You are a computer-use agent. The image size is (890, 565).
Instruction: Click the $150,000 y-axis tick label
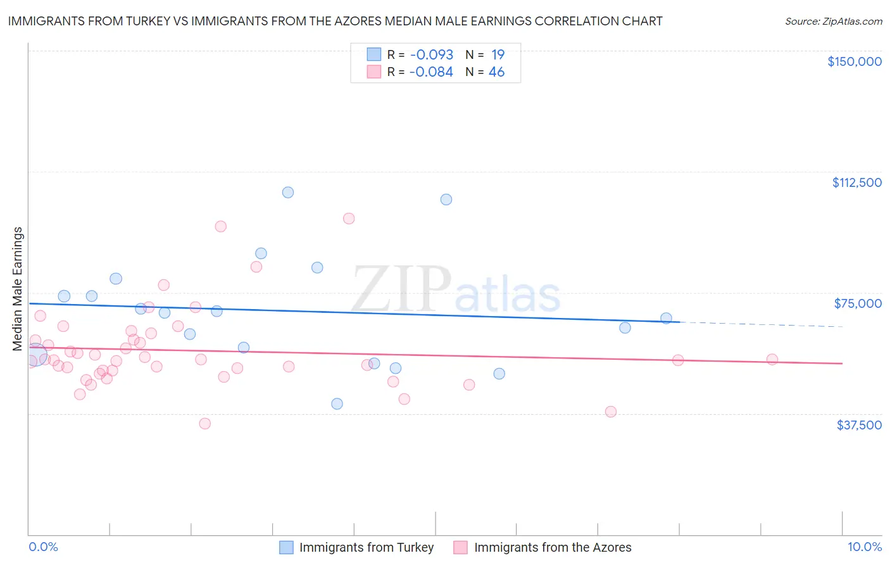pos(854,61)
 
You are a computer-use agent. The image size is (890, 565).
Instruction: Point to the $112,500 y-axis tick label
pos(856,182)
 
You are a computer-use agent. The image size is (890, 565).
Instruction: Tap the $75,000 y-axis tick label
pos(858,303)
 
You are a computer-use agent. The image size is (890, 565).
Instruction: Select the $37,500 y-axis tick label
pos(859,425)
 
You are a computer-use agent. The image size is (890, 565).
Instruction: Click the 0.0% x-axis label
pos(44,547)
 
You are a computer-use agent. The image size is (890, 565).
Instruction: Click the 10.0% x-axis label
pos(864,547)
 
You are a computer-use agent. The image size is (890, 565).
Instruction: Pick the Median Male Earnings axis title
pos(18,289)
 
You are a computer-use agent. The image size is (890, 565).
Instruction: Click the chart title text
pos(335,21)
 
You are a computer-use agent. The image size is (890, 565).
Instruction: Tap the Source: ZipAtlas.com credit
pos(833,22)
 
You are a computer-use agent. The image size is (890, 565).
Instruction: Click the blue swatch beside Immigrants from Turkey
pos(287,547)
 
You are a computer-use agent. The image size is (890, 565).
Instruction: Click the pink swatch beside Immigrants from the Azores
pos(461,547)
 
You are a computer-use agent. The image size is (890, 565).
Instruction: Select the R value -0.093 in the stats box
pos(431,55)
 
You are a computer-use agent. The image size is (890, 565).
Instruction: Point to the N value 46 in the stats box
pos(496,72)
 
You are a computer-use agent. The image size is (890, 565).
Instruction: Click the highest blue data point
pos(288,193)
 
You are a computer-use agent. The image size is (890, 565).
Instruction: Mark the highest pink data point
pos(349,219)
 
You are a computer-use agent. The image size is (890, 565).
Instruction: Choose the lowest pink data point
pos(205,424)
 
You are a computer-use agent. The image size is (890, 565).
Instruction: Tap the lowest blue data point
pos(337,404)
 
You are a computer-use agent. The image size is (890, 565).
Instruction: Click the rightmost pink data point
pos(772,359)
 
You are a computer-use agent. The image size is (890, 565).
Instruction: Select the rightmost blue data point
pos(666,318)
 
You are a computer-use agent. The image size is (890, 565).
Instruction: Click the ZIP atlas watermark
pos(456,289)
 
